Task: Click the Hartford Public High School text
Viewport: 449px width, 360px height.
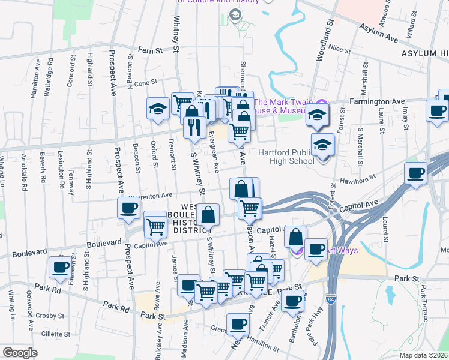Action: [286, 157]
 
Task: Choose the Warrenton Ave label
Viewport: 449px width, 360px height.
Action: [151, 196]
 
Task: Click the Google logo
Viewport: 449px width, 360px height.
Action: [20, 353]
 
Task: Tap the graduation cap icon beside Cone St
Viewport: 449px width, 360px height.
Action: [158, 109]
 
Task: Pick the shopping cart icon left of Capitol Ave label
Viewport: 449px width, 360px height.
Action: [155, 227]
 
